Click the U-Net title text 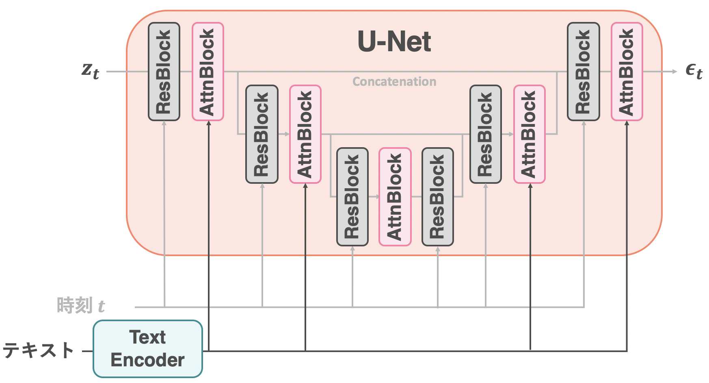pos(394,41)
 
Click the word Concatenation pos(394,82)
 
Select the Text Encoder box pos(148,349)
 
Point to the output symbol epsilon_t pos(694,71)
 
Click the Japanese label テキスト pos(39,350)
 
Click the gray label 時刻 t pos(81,305)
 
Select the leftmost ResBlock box pos(164,72)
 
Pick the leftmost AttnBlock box pos(208,72)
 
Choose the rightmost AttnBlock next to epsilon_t pos(627,72)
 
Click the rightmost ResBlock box pos(583,72)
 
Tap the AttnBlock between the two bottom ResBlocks pos(395,197)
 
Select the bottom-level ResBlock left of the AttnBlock pos(352,197)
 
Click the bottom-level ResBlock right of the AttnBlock pos(438,197)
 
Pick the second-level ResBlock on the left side pos(262,134)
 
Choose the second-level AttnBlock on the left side pos(305,134)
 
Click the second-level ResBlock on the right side pos(486,134)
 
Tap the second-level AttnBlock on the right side pos(530,134)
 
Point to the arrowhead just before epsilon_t pos(674,72)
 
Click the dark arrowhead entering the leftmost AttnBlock pos(209,123)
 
